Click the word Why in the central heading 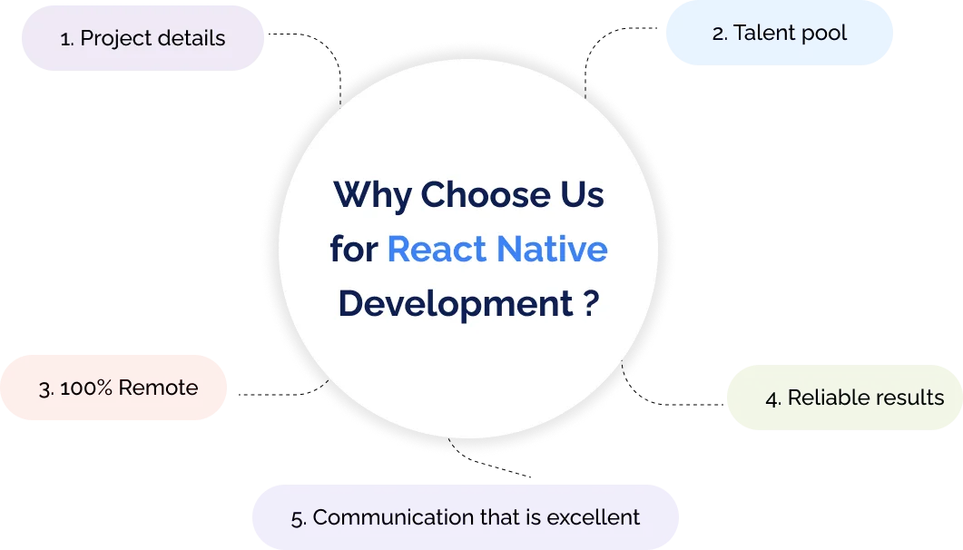[x=372, y=195]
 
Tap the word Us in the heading [x=580, y=195]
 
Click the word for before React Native [x=353, y=250]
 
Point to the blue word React [x=440, y=250]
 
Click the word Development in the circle [x=455, y=304]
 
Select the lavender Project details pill [x=142, y=38]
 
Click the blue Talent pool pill [x=779, y=34]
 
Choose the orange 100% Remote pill [x=113, y=388]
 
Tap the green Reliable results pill [x=844, y=398]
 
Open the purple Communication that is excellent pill [x=465, y=517]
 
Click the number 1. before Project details [x=66, y=39]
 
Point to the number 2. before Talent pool [x=720, y=34]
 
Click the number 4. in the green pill [x=773, y=398]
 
